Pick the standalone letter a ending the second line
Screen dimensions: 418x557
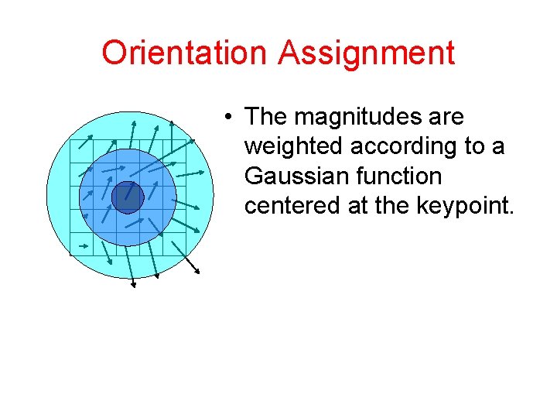[500, 146]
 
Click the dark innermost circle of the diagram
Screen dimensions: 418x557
[128, 197]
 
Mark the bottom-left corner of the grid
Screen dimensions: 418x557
[70, 255]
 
